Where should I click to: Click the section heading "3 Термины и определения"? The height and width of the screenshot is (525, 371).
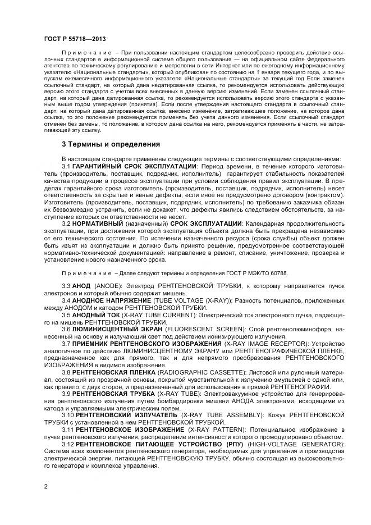(x=111, y=144)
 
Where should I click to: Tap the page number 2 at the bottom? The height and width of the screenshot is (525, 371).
(x=45, y=487)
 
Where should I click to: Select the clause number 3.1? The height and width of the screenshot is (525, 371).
(x=66, y=166)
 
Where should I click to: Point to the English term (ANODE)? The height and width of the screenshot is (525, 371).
(x=109, y=287)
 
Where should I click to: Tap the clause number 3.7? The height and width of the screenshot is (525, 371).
(x=66, y=343)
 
